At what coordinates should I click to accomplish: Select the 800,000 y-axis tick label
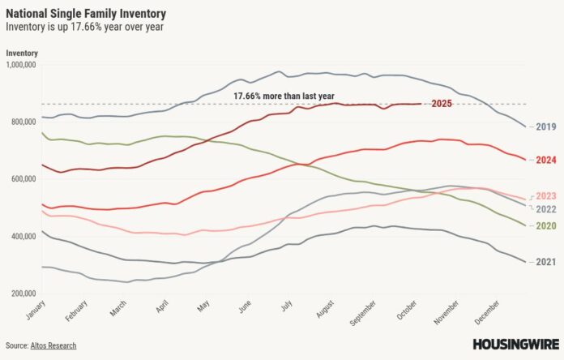click(x=24, y=122)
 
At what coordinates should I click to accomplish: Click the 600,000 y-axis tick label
click(x=24, y=178)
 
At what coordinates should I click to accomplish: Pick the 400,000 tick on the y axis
click(x=24, y=236)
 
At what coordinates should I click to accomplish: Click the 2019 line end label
click(x=545, y=126)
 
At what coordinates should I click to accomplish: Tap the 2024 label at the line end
click(x=545, y=160)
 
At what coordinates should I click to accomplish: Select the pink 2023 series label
click(x=545, y=196)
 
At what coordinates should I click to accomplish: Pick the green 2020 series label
click(x=545, y=224)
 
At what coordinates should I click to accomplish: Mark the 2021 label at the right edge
click(x=545, y=262)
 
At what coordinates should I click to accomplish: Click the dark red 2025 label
click(x=442, y=103)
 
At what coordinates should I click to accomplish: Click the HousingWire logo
click(x=514, y=345)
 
